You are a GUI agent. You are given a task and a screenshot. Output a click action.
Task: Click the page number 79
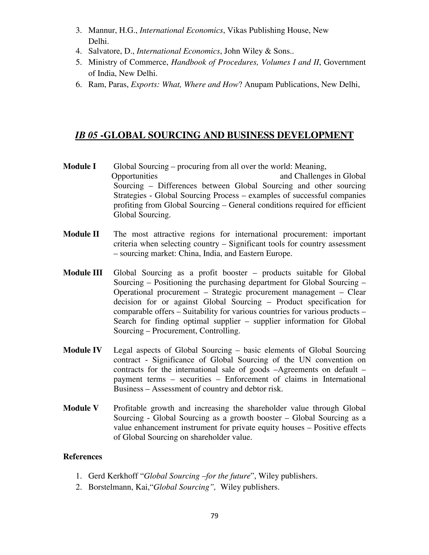point(214,516)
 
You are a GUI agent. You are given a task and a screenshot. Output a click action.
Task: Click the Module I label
point(80,166)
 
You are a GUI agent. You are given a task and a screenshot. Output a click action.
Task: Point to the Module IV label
point(82,350)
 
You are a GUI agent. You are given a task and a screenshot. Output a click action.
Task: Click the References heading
point(83,457)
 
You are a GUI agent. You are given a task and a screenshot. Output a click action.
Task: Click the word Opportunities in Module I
point(134,176)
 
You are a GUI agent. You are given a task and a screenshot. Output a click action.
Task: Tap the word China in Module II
point(188,254)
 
